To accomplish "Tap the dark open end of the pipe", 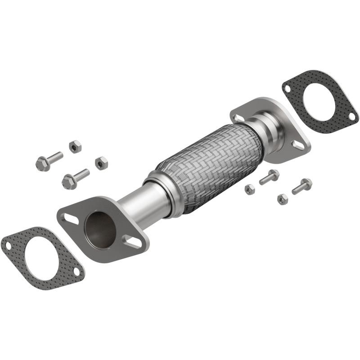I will pyautogui.click(x=99, y=229).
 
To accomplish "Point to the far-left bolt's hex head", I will pyautogui.click(x=43, y=164).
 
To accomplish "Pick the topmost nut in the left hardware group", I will pyautogui.click(x=75, y=146).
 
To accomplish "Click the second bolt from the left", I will pyautogui.click(x=74, y=179).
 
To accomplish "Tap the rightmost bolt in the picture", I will pyautogui.click(x=302, y=186).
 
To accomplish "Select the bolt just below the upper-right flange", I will pyautogui.click(x=269, y=177).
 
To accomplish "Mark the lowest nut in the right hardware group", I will pyautogui.click(x=282, y=199).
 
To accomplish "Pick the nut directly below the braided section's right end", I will pyautogui.click(x=250, y=189).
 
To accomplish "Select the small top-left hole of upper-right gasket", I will pyautogui.click(x=287, y=89).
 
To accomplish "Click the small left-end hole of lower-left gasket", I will pyautogui.click(x=8, y=245).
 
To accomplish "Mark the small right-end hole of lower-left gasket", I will pyautogui.click(x=76, y=271).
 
